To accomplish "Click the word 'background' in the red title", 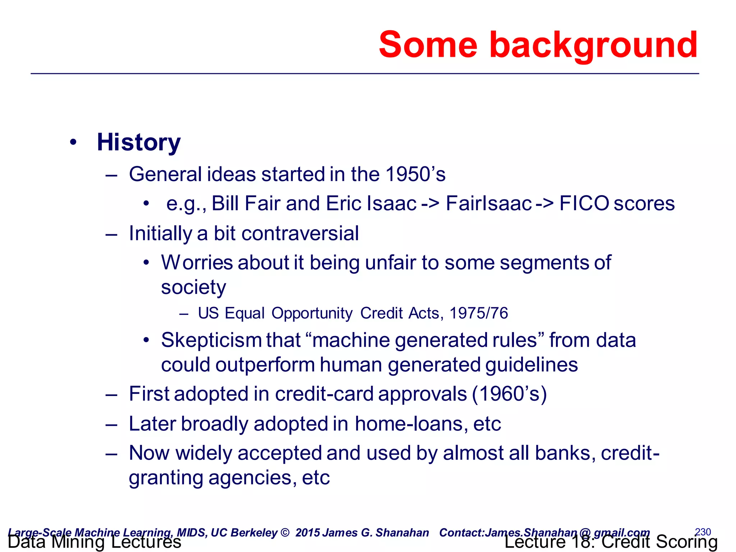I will [593, 46].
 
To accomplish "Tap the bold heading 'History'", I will [138, 142].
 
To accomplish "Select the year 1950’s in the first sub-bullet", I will [415, 174].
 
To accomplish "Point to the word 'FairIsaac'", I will [488, 203].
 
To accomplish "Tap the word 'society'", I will [193, 287].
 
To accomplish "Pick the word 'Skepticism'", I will [211, 340].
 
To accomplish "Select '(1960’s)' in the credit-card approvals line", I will [509, 394].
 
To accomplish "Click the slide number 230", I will [703, 532].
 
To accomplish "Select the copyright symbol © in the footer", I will [285, 533].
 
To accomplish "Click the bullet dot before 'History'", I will [73, 142].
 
